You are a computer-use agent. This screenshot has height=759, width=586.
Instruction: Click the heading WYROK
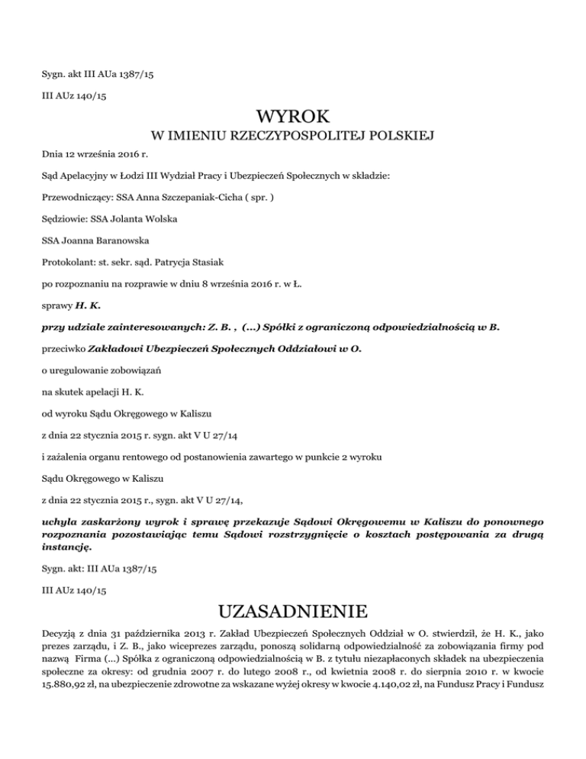pos(293,117)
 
